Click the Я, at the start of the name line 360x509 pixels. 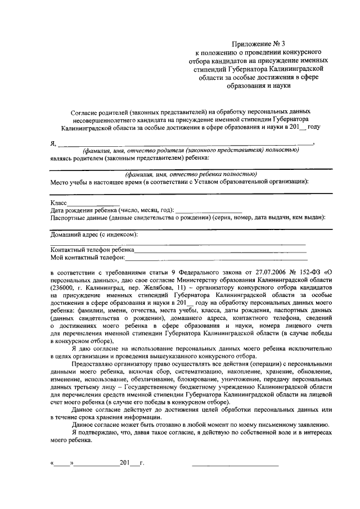[53, 145]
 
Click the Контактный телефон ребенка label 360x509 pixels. [92, 250]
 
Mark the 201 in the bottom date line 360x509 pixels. [125, 463]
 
